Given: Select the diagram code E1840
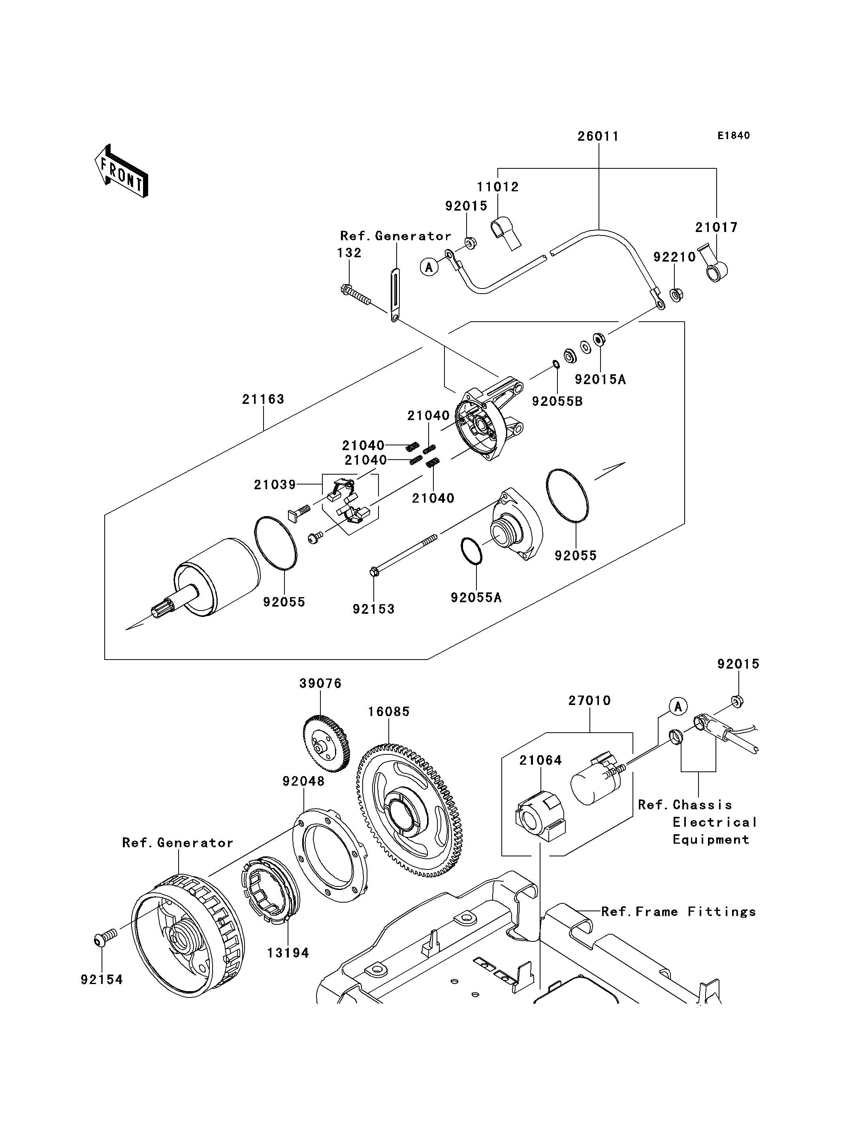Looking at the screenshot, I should pyautogui.click(x=734, y=136).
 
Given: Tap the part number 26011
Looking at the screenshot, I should pyautogui.click(x=598, y=136).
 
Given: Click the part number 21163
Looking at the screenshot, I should pyautogui.click(x=264, y=399).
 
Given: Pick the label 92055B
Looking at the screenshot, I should pyautogui.click(x=557, y=401).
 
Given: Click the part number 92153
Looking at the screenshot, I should pyautogui.click(x=374, y=609).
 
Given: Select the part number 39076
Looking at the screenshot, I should pyautogui.click(x=321, y=683).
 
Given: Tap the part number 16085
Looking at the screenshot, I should pyautogui.click(x=389, y=712).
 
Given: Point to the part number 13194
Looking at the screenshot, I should pyautogui.click(x=288, y=953).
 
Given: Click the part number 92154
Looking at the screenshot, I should pyautogui.click(x=102, y=979).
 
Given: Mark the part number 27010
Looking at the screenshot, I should pyautogui.click(x=590, y=701).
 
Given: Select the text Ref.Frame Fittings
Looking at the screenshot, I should pyautogui.click(x=678, y=912).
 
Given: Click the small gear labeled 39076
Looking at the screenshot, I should pyautogui.click(x=325, y=743).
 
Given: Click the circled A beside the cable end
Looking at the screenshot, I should pyautogui.click(x=429, y=267).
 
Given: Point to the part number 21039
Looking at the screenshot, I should pyautogui.click(x=275, y=485).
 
